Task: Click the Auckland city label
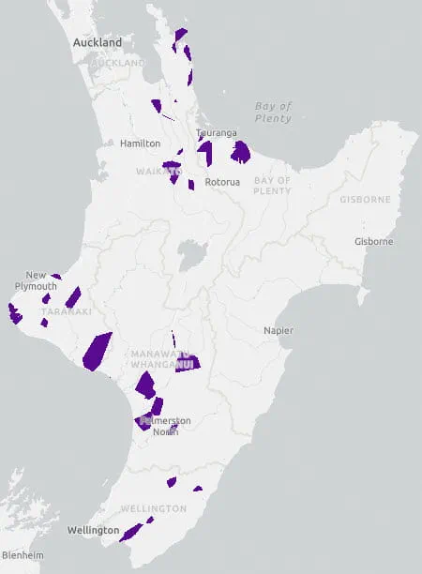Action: [x=98, y=43]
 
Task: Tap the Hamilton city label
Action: [x=140, y=143]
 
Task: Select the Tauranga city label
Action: [x=215, y=134]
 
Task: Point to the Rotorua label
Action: [x=223, y=181]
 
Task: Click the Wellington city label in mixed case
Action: [x=93, y=531]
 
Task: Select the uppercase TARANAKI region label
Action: [x=66, y=311]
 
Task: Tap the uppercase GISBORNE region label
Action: [x=365, y=200]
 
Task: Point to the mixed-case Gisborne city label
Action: [x=373, y=242]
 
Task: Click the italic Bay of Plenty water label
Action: [x=273, y=112]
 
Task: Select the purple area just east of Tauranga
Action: [x=241, y=151]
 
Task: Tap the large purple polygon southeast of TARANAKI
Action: [x=97, y=352]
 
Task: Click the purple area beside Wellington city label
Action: [x=130, y=532]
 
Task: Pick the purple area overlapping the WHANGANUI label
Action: [x=187, y=362]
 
